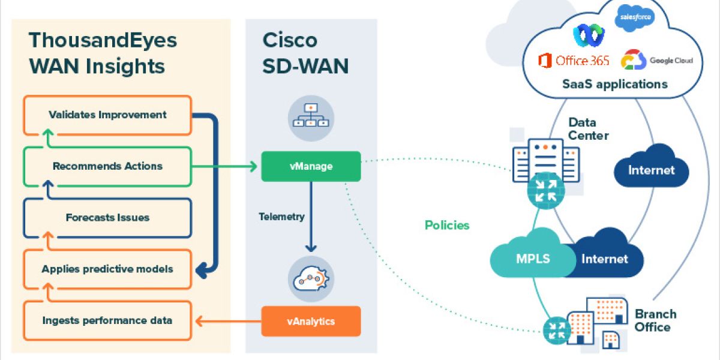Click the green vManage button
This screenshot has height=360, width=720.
coord(311,167)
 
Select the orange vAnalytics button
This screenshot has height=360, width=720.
coord(311,321)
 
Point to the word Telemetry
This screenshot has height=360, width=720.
coord(282,217)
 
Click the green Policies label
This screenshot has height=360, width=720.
coord(447,226)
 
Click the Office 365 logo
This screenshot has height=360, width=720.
coord(574,61)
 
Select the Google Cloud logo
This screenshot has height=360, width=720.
coord(657,61)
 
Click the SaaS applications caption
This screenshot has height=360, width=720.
coord(615,84)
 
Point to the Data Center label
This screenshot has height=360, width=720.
coord(588,129)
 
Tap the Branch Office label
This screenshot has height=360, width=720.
coord(656,320)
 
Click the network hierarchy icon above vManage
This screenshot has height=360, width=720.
coord(311,115)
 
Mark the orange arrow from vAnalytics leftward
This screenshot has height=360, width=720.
coord(228,322)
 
